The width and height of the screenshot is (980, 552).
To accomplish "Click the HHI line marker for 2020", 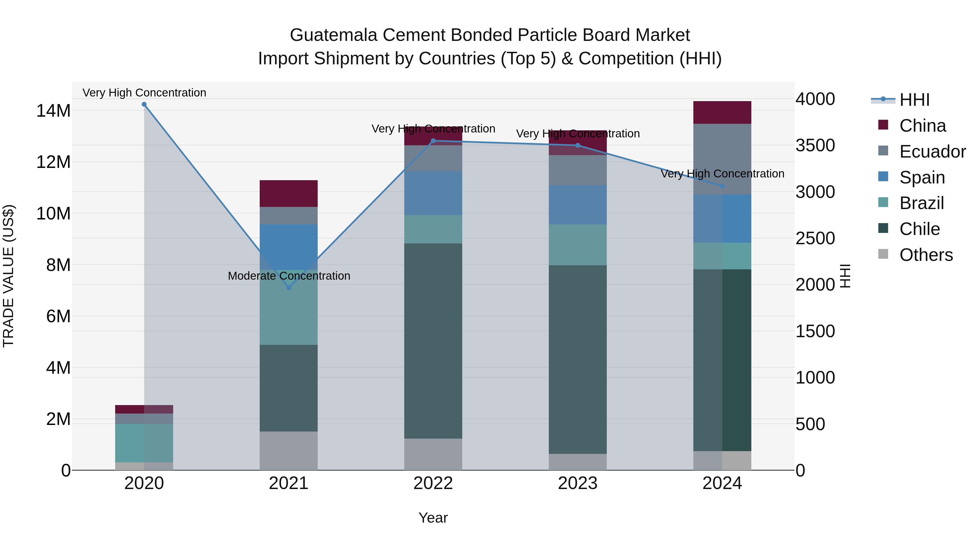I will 144,104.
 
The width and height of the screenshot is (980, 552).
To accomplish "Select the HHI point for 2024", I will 722,186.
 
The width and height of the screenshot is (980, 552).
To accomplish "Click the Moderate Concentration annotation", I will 289,276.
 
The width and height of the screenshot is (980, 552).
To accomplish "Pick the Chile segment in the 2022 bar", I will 433,341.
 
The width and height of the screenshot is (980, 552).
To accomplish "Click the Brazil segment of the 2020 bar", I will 144,443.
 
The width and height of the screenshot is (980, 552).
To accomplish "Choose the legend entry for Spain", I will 922,177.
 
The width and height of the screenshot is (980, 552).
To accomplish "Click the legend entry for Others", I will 926,255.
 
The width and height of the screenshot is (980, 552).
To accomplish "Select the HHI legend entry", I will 914,100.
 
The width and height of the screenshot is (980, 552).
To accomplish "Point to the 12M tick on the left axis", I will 53,162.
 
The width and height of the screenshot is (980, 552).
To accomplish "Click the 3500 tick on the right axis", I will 815,146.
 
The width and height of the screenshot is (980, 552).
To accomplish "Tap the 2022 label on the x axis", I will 433,483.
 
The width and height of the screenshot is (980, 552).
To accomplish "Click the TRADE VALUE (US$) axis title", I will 8,276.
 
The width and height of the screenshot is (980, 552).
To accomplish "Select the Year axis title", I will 433,518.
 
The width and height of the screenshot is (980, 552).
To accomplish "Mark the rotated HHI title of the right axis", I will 844,276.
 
